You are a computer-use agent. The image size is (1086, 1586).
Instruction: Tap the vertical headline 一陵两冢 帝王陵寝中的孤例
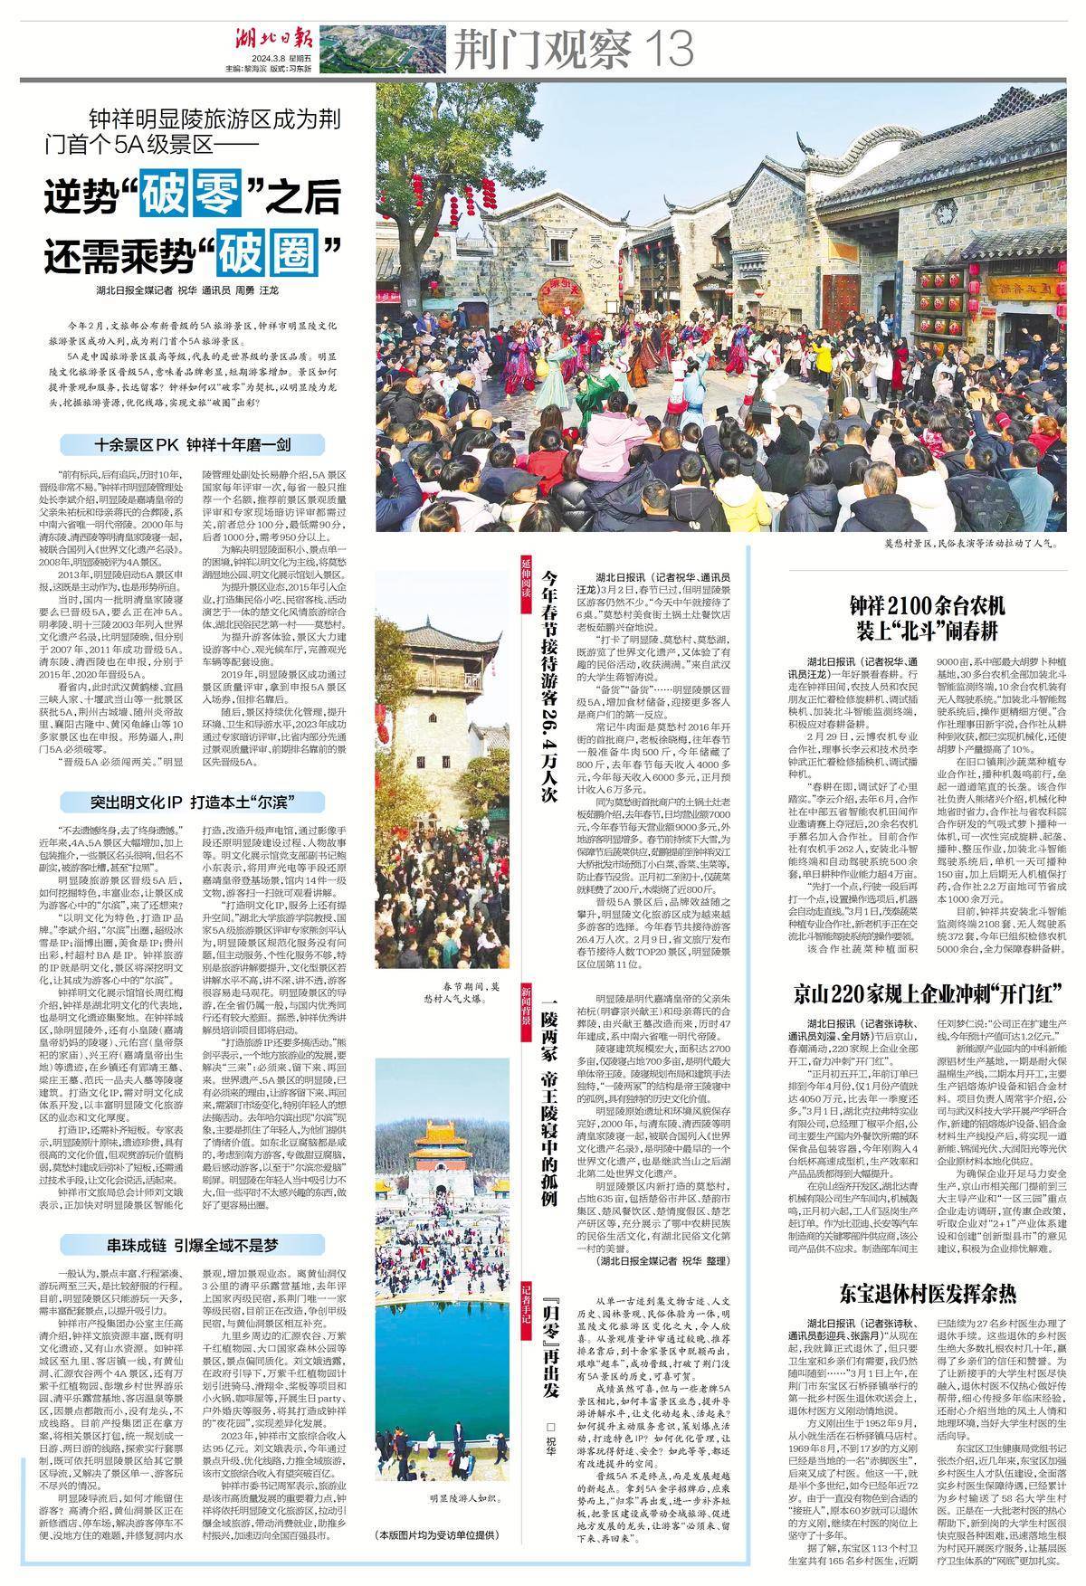548,1068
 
